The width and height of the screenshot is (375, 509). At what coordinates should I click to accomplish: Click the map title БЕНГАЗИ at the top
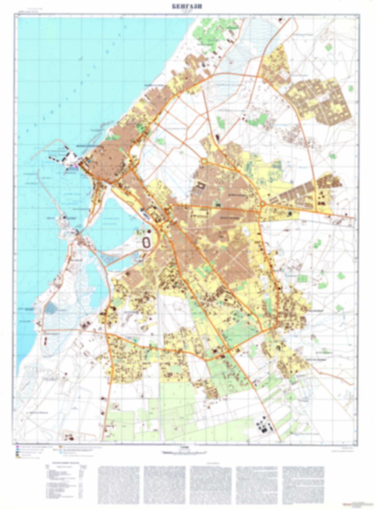pos(187,7)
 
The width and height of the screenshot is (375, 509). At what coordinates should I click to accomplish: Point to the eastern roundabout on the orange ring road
pos(263,204)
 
